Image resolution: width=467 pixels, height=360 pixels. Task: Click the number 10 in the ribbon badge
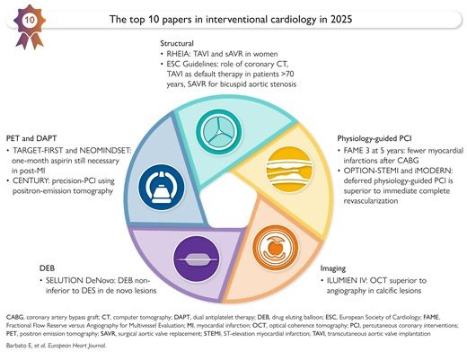click(30, 21)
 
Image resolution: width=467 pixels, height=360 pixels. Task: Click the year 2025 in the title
click(341, 19)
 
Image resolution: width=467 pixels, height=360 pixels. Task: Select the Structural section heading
click(177, 43)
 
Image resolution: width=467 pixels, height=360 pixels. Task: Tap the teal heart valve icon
click(219, 132)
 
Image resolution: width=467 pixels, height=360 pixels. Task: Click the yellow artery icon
click(289, 169)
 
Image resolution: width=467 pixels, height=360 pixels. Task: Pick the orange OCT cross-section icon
click(276, 248)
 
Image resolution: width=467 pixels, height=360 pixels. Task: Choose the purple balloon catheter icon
click(197, 259)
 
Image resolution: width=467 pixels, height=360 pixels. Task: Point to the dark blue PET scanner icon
click(162, 187)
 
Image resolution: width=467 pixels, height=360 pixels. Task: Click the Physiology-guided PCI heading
click(374, 138)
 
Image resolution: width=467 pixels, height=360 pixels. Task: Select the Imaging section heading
click(333, 268)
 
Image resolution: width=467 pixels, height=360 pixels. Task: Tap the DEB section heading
click(48, 268)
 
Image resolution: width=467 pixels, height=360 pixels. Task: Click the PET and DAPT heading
click(31, 138)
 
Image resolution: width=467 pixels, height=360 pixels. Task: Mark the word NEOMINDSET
click(105, 150)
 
